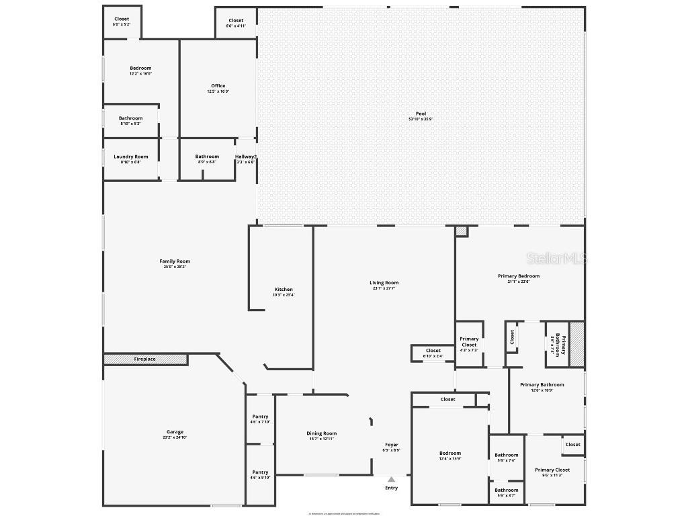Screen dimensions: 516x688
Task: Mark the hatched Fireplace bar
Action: coord(145,359)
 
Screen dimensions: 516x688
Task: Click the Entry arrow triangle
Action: coord(391,479)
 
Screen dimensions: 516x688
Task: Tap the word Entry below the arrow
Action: coord(391,488)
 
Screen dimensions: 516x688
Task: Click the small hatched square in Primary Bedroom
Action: coord(461,230)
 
